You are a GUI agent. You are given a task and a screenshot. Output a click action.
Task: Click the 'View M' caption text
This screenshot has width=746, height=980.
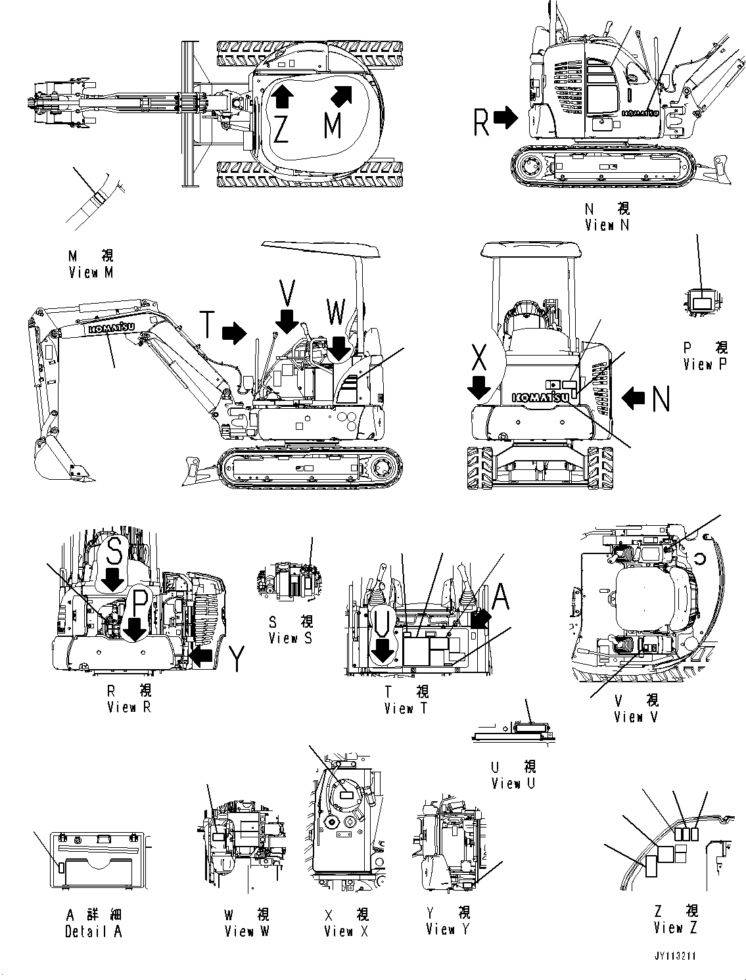point(91,272)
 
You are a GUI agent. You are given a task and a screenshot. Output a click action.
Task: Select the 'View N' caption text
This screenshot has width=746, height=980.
point(607,225)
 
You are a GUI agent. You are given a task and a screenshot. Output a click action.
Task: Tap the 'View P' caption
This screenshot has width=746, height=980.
point(705,363)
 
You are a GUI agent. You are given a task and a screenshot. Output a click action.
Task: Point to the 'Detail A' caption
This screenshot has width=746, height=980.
point(93,931)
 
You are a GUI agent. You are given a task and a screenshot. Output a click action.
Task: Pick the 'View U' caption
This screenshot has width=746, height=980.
point(514,783)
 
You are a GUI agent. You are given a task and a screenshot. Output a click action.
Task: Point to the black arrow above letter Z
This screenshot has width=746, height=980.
point(281,96)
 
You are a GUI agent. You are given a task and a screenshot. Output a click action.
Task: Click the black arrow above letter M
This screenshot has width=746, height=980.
point(340,95)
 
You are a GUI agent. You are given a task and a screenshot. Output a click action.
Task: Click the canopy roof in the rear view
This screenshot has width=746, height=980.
point(531,250)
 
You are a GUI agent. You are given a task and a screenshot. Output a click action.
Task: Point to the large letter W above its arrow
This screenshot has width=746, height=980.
point(336,314)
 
